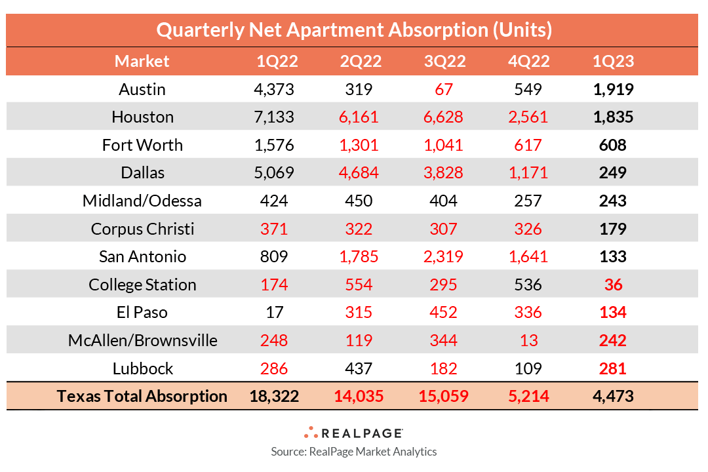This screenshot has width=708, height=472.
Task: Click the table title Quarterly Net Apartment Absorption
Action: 354,29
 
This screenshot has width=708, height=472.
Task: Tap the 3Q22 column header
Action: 444,62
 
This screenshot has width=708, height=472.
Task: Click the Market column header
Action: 142,62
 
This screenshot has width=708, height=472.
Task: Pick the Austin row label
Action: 142,89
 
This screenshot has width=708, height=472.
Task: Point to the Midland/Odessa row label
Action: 142,201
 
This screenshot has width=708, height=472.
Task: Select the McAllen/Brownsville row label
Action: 142,341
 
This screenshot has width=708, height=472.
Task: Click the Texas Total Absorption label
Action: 142,397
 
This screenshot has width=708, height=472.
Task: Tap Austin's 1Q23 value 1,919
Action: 612,89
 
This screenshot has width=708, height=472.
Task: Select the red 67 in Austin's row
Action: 444,89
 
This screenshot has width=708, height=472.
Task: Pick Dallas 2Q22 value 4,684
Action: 361,173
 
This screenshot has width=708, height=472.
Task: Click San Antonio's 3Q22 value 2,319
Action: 444,257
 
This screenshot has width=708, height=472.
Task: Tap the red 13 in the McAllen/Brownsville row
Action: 528,341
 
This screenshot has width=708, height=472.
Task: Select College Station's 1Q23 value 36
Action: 612,285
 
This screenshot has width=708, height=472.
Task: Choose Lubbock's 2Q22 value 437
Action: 361,368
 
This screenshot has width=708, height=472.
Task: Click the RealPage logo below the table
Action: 354,433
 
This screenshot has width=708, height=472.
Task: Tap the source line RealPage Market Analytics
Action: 354,452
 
